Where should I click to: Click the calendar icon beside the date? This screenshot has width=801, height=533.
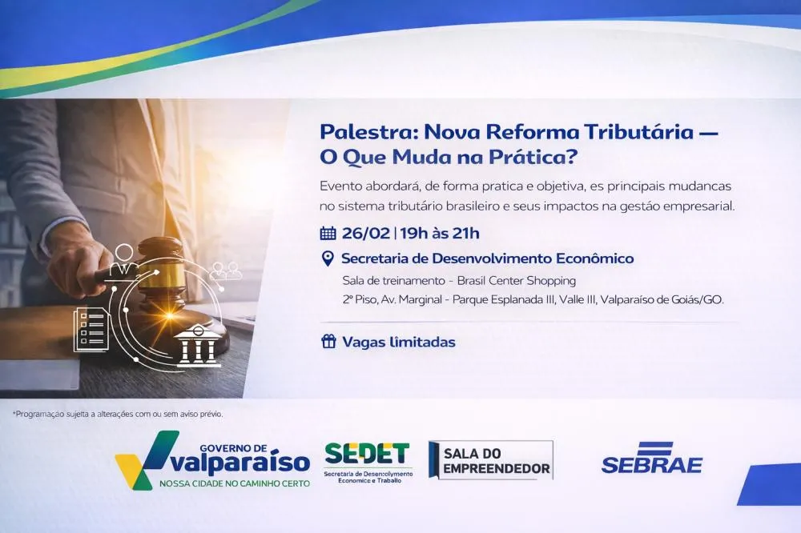click(328, 234)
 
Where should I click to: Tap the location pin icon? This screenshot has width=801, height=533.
click(327, 258)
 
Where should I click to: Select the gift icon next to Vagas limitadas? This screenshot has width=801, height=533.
click(328, 342)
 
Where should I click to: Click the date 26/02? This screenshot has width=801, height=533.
click(365, 234)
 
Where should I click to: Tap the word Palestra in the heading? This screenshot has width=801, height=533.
click(365, 130)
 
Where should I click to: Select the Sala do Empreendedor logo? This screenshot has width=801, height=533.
click(490, 460)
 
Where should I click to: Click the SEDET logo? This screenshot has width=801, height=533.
click(368, 461)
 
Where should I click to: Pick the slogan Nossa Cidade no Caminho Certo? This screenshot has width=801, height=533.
click(234, 484)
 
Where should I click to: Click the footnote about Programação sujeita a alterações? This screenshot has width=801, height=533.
click(118, 414)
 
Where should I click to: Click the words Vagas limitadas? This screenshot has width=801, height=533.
click(399, 342)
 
